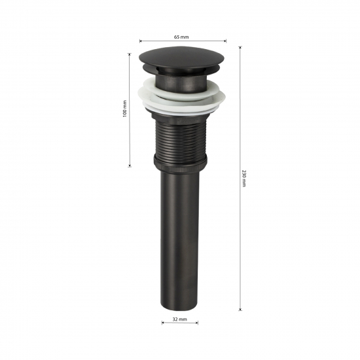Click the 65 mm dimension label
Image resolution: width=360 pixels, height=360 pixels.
click(181, 37)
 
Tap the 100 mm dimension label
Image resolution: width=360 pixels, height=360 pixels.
click(124, 109)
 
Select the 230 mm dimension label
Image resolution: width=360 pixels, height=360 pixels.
click(244, 179)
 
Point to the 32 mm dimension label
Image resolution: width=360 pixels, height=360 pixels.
click(180, 319)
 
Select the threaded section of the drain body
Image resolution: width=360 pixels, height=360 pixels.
click(181, 137)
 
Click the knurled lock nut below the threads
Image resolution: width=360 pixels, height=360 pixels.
click(180, 164)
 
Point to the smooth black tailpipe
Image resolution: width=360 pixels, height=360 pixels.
click(180, 240)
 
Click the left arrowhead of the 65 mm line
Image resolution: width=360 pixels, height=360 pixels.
click(141, 41)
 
